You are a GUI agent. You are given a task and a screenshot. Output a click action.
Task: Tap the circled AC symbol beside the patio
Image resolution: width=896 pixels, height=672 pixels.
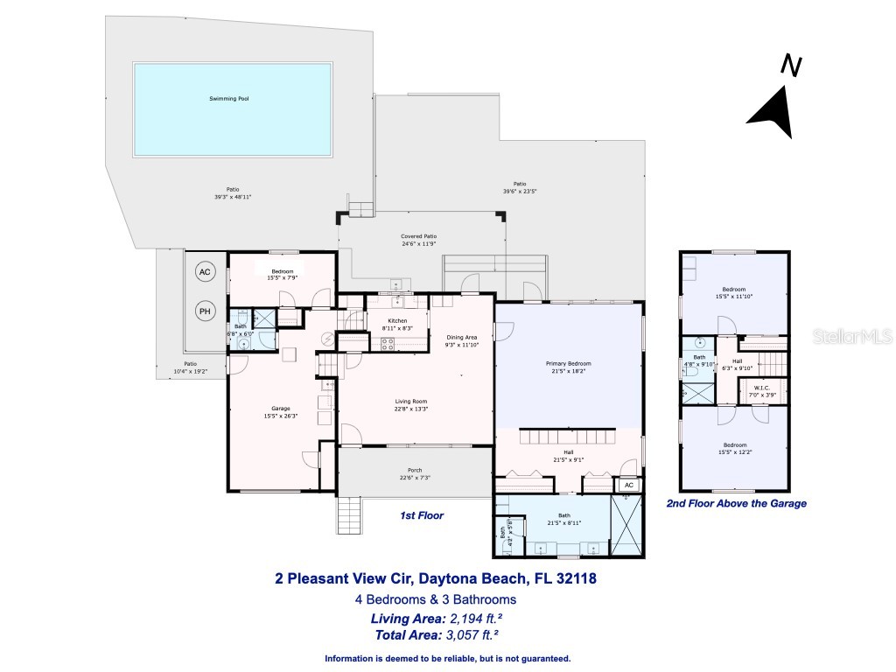click(205, 272)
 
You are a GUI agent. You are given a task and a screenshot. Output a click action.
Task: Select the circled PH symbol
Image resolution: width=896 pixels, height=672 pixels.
click(205, 311)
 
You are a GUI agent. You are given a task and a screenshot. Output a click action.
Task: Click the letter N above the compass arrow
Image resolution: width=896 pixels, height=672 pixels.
click(791, 66)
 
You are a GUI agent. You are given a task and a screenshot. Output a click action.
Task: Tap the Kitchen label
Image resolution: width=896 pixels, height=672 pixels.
click(397, 321)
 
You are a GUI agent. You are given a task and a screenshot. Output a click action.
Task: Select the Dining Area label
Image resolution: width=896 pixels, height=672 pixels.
click(461, 338)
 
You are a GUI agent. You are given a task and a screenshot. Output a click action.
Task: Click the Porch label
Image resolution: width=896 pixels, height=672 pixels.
click(415, 470)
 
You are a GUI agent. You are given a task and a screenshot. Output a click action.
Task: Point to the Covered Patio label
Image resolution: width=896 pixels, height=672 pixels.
click(418, 236)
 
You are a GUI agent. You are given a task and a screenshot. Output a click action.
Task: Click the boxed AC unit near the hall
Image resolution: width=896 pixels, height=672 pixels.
click(628, 485)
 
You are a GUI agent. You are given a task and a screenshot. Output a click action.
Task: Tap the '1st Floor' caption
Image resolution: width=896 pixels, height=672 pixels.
click(422, 516)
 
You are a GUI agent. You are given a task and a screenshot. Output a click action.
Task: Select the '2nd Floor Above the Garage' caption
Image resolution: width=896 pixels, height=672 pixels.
click(736, 504)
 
